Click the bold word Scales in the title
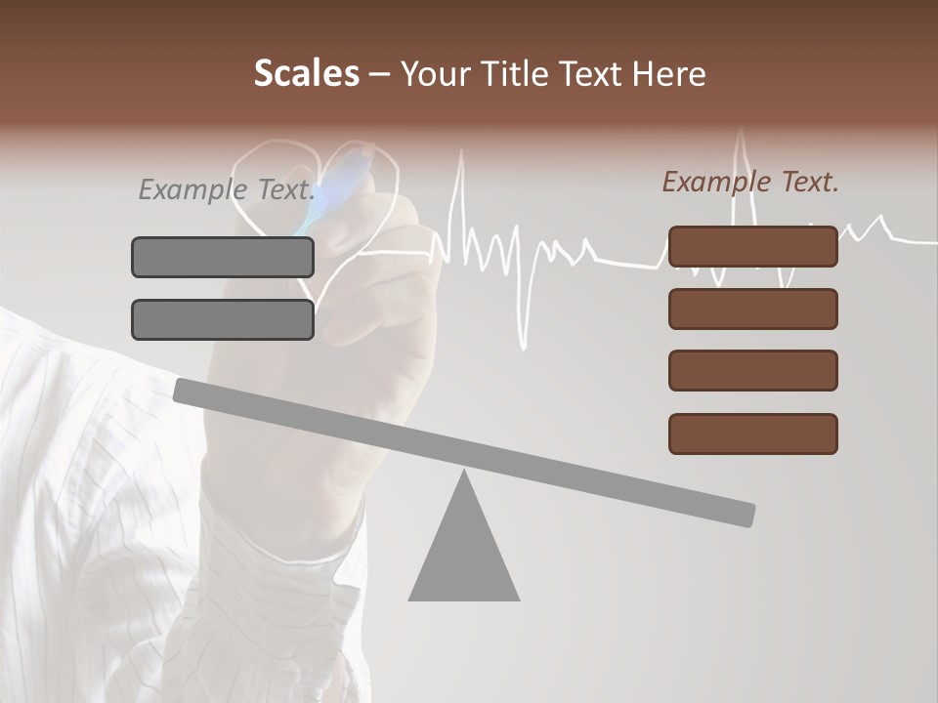[306, 74]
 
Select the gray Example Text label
[226, 188]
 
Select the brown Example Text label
[750, 182]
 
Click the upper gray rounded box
[223, 257]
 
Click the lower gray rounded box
[223, 319]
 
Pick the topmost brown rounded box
[753, 246]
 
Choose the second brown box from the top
[753, 309]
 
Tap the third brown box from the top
[753, 371]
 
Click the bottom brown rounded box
[753, 434]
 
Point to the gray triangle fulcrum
[463, 552]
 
